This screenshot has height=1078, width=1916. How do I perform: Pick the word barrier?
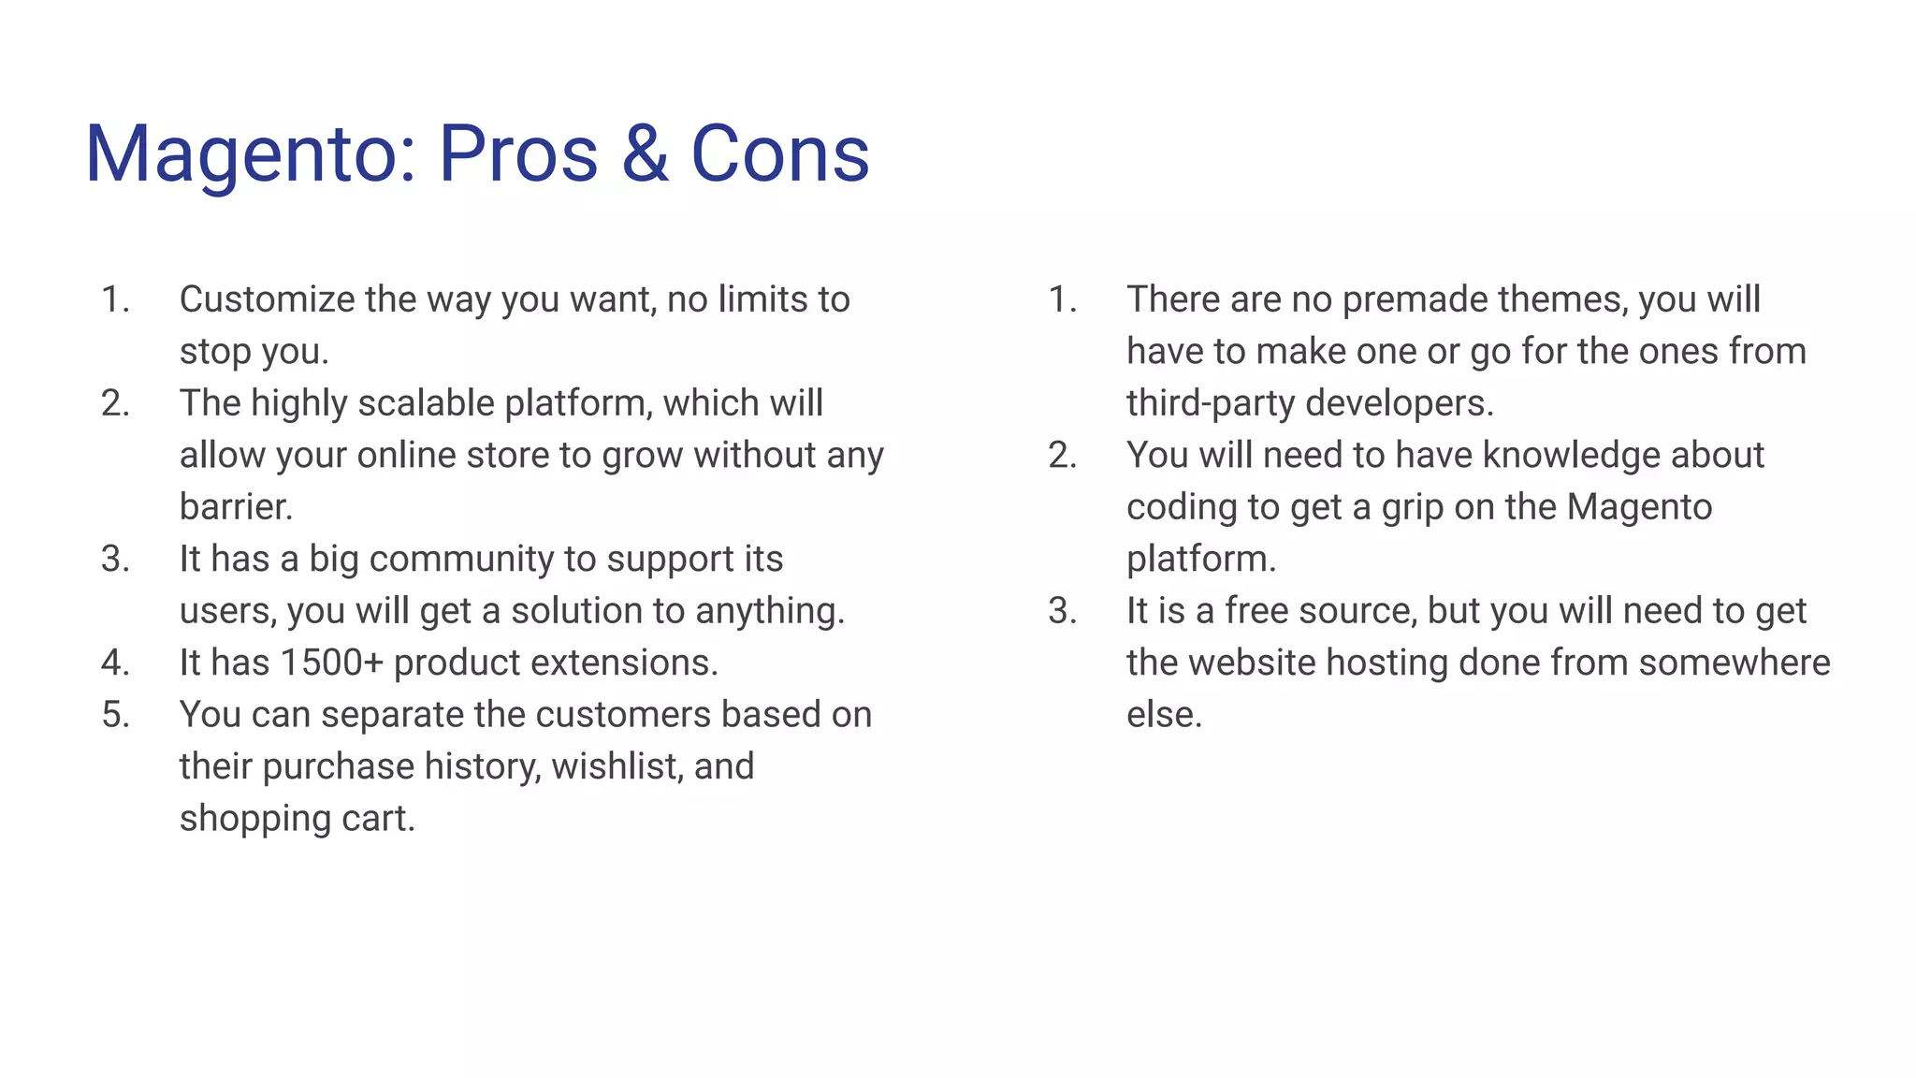click(236, 507)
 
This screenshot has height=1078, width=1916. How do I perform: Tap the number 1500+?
click(332, 663)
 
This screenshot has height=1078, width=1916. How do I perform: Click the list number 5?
click(115, 715)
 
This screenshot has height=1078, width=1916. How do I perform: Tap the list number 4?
click(115, 663)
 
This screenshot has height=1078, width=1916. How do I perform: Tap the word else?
click(1163, 715)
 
